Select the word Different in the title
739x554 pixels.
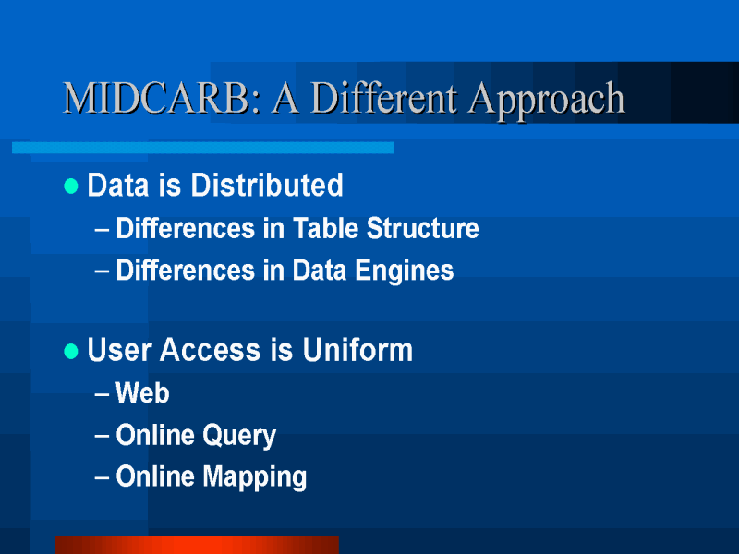[383, 98]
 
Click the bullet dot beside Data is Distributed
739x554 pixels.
[71, 187]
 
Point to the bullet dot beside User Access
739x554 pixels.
[71, 351]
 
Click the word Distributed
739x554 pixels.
[267, 185]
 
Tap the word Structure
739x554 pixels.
[423, 228]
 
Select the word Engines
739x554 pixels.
[405, 271]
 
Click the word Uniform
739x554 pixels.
[357, 350]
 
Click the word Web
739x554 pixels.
[142, 393]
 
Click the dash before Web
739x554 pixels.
[102, 394]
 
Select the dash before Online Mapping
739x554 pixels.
[102, 477]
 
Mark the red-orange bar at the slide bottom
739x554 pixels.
[197, 545]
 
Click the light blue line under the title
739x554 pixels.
[203, 148]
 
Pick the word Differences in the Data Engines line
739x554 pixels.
[186, 271]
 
